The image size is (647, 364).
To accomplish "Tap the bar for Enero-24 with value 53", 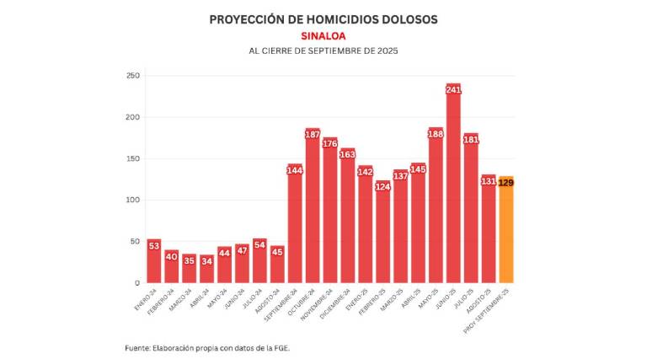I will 154,265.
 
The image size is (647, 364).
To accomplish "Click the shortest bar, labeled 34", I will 207,271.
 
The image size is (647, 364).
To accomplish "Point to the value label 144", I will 295,170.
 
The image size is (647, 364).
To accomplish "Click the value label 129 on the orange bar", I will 505,183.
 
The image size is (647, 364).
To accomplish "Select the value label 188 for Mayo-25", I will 436,134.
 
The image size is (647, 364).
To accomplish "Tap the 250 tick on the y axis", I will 131,76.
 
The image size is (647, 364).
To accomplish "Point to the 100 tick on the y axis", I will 131,200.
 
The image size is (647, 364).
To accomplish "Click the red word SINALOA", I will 323,35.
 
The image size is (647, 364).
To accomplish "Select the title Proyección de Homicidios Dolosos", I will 323,19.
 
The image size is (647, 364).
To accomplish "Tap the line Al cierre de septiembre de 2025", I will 323,51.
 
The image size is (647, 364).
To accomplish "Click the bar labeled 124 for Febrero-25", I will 382,240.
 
